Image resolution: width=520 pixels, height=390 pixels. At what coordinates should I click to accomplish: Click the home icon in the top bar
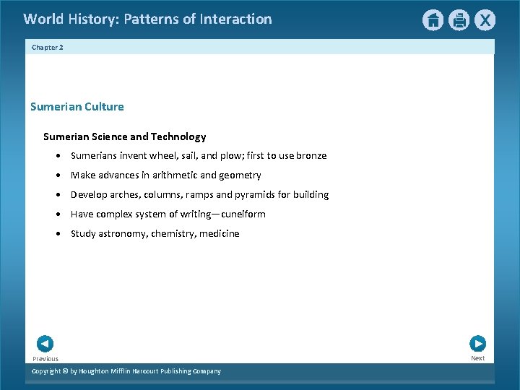(433, 20)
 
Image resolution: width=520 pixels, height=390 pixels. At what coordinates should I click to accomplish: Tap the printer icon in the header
(459, 20)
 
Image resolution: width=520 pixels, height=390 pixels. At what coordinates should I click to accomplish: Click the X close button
(485, 20)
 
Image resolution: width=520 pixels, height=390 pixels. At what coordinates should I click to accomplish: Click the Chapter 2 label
(48, 47)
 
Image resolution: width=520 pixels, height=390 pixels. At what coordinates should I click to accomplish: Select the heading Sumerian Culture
(77, 107)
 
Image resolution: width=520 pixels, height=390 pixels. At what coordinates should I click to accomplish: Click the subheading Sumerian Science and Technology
(125, 136)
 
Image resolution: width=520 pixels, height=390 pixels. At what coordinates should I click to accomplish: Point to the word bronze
(311, 156)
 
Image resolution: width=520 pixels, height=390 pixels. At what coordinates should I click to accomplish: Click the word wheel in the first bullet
(163, 156)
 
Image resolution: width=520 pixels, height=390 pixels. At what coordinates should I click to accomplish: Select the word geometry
(240, 175)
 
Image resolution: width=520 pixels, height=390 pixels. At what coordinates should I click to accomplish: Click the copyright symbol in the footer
(65, 371)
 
